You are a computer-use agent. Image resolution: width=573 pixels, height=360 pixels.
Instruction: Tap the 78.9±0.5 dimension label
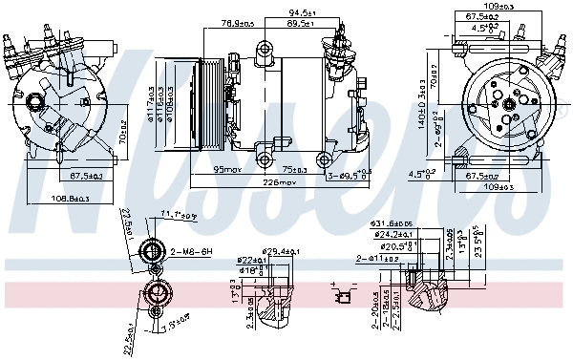[239, 23]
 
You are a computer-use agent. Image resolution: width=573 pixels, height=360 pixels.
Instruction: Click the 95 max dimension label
[225, 169]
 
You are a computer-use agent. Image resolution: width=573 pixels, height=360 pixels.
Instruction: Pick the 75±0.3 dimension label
[295, 169]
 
